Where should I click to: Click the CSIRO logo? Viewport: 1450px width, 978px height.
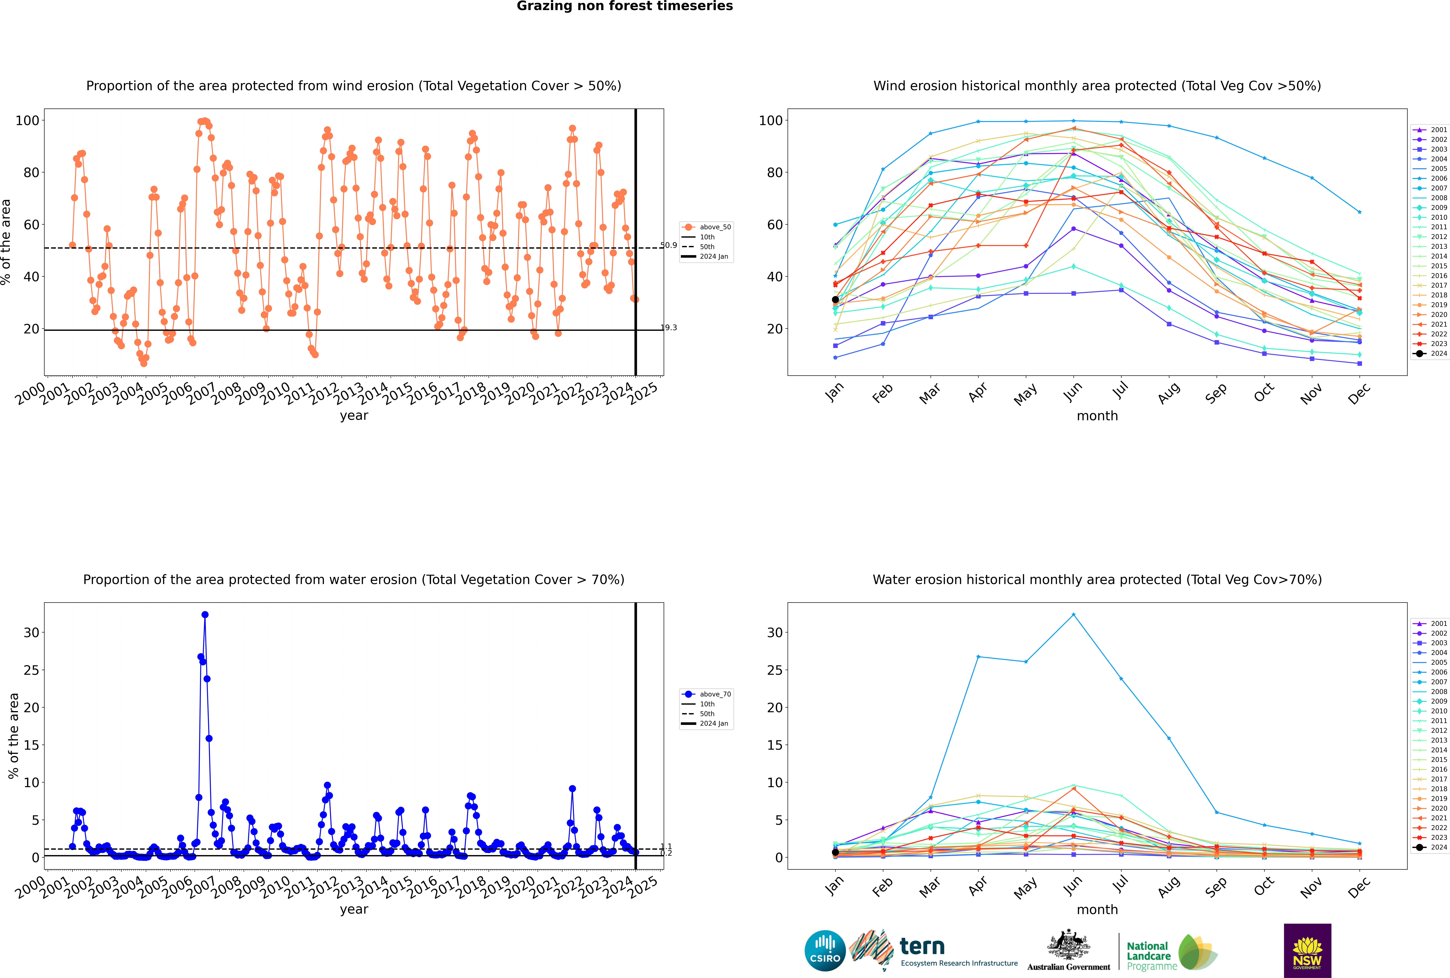tap(825, 951)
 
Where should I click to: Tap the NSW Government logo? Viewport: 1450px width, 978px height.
tap(1307, 950)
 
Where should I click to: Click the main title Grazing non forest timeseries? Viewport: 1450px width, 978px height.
tap(625, 6)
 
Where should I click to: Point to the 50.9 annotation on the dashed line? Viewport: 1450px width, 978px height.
tap(668, 245)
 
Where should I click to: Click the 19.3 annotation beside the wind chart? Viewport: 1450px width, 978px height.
tap(668, 327)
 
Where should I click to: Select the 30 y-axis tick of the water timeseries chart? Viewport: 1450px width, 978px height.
tap(31, 632)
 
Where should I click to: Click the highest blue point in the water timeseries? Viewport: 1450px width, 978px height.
tap(205, 614)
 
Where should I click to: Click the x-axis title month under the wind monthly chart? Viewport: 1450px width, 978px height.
tap(1097, 416)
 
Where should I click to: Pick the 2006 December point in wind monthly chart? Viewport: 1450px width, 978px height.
tap(1360, 212)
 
